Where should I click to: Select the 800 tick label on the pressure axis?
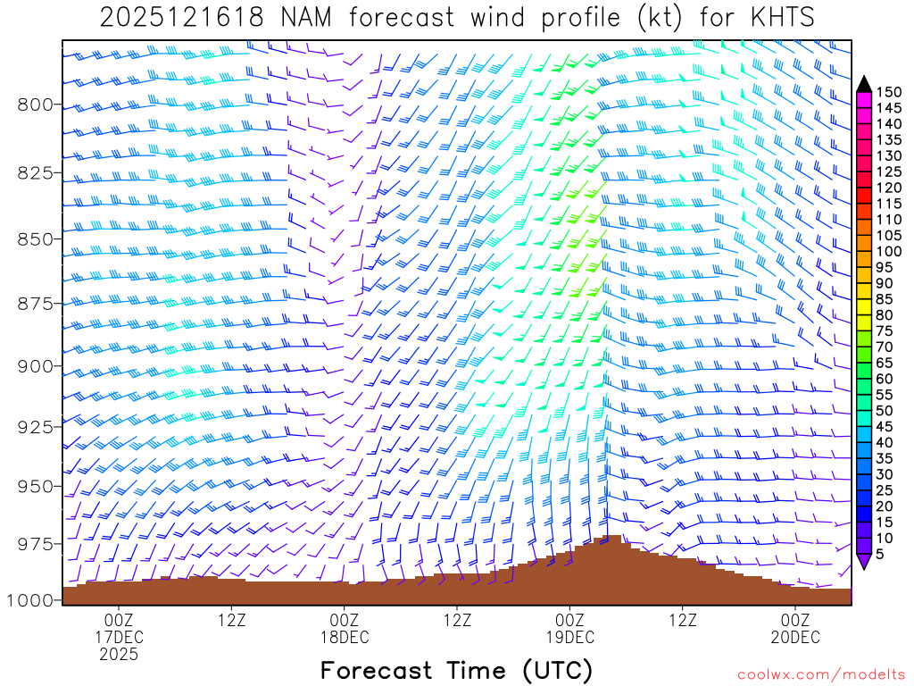35,105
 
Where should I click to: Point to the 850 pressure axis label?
35,238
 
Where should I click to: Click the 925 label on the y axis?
35,426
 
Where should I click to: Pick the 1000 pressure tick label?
29,600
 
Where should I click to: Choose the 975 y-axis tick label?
35,544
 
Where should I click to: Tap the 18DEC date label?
345,638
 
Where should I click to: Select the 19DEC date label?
569,638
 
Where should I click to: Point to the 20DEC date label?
795,638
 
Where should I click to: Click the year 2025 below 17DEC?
119,655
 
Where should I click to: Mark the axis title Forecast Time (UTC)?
456,670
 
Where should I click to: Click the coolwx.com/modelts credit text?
820,674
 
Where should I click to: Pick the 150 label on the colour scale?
887,92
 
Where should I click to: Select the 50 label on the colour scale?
884,411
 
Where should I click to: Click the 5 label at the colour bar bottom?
880,555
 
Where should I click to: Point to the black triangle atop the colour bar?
864,85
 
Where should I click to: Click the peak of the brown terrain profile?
612,538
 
